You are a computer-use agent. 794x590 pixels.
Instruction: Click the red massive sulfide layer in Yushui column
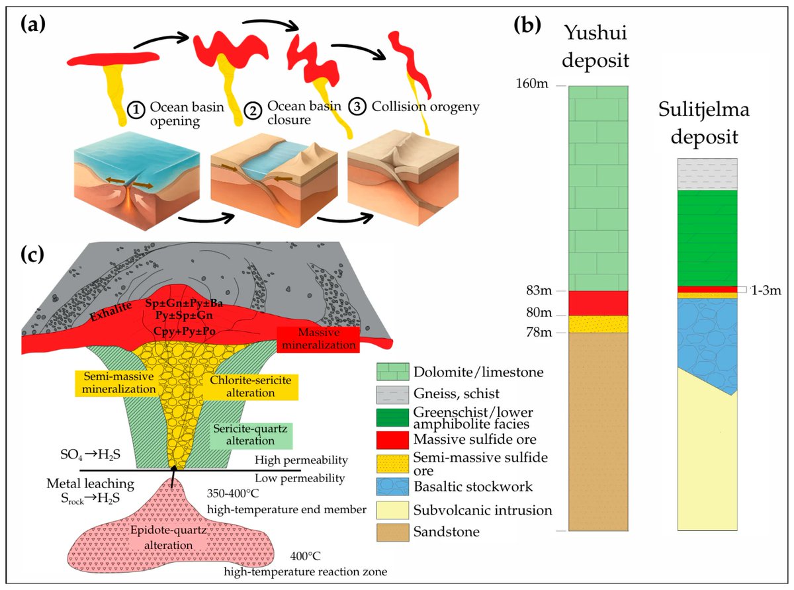pos(597,303)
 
